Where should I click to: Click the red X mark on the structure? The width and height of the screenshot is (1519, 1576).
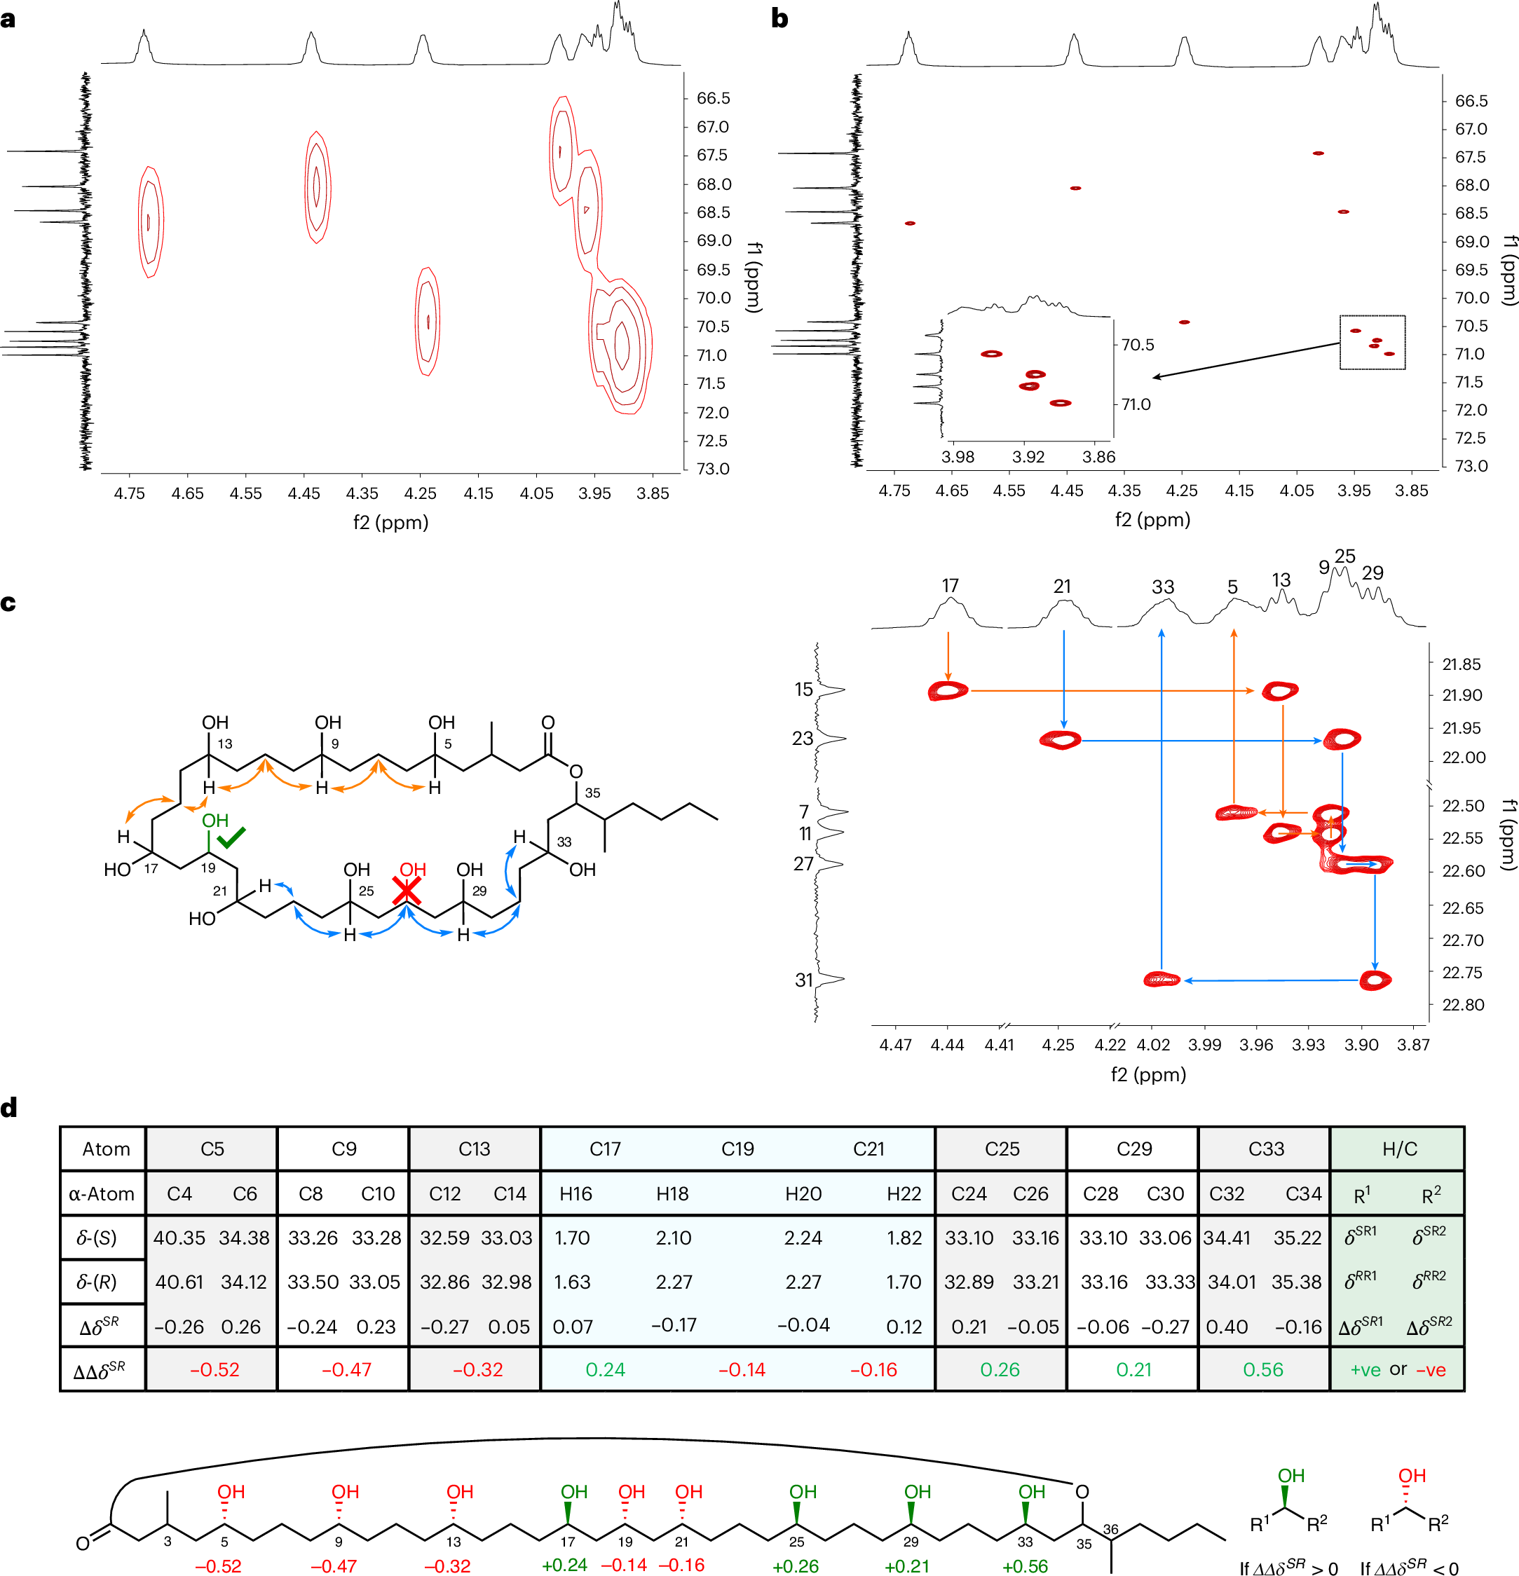[x=407, y=891]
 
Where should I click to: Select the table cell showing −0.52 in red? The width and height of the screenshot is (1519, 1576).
[x=214, y=1369]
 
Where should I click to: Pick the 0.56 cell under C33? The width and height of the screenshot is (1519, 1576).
[x=1263, y=1369]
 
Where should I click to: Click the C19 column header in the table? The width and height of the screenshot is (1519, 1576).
[x=737, y=1149]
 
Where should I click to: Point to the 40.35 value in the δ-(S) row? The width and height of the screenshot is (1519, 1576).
[x=179, y=1238]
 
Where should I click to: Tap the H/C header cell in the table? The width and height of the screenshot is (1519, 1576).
[x=1399, y=1149]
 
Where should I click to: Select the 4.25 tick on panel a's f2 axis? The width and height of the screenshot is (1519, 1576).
[x=420, y=493]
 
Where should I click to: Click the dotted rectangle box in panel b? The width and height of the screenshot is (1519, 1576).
[x=1372, y=343]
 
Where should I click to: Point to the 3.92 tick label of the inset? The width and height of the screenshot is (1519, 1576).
[x=1028, y=457]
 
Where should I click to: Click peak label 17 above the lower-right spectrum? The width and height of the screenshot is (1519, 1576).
[x=951, y=585]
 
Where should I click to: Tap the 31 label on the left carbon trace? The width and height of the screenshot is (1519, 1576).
[x=804, y=980]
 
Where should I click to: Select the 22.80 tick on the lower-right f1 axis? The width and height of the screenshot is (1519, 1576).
[x=1463, y=1005]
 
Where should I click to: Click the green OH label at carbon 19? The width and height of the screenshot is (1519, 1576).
[x=214, y=820]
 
